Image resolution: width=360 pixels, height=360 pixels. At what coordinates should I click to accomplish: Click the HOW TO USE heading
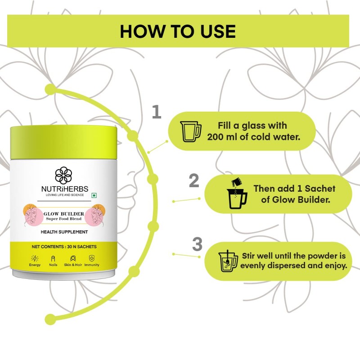[x=178, y=31]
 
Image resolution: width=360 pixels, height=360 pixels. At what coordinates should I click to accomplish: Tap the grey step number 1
[x=157, y=112]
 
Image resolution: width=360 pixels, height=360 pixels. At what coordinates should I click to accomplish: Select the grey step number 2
[x=194, y=180]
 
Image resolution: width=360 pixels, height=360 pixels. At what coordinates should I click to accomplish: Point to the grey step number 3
[x=198, y=244]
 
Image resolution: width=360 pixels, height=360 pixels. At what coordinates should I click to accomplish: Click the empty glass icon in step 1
[x=190, y=131]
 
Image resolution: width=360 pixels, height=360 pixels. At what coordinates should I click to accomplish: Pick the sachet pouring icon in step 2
[x=237, y=193]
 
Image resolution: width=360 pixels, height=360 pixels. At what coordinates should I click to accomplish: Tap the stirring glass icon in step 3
[x=228, y=261]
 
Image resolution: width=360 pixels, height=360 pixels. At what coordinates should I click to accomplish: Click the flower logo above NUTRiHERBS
[x=63, y=175]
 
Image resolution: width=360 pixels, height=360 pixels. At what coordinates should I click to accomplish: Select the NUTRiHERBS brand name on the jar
[x=65, y=189]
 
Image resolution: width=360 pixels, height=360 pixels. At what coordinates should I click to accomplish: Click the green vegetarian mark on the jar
[x=94, y=195]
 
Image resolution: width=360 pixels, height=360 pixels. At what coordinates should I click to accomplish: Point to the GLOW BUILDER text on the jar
[x=64, y=214]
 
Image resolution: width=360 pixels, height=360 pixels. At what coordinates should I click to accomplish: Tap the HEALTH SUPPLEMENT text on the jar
[x=64, y=232]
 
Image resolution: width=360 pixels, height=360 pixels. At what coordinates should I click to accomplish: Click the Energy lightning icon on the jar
[x=35, y=258]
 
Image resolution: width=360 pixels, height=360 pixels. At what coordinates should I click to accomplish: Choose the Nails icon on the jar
[x=53, y=258]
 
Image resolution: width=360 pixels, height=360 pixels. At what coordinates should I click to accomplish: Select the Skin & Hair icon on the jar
[x=73, y=258]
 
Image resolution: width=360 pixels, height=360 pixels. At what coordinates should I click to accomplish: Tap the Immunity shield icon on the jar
[x=92, y=258]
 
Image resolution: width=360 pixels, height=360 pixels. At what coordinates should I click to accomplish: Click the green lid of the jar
[x=63, y=142]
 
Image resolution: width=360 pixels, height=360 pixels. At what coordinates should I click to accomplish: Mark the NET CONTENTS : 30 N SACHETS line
[x=64, y=247]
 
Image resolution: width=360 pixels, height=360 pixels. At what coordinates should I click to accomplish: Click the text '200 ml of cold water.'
[x=254, y=137]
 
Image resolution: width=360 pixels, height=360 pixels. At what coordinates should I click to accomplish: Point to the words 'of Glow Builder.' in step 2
[x=296, y=200]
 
